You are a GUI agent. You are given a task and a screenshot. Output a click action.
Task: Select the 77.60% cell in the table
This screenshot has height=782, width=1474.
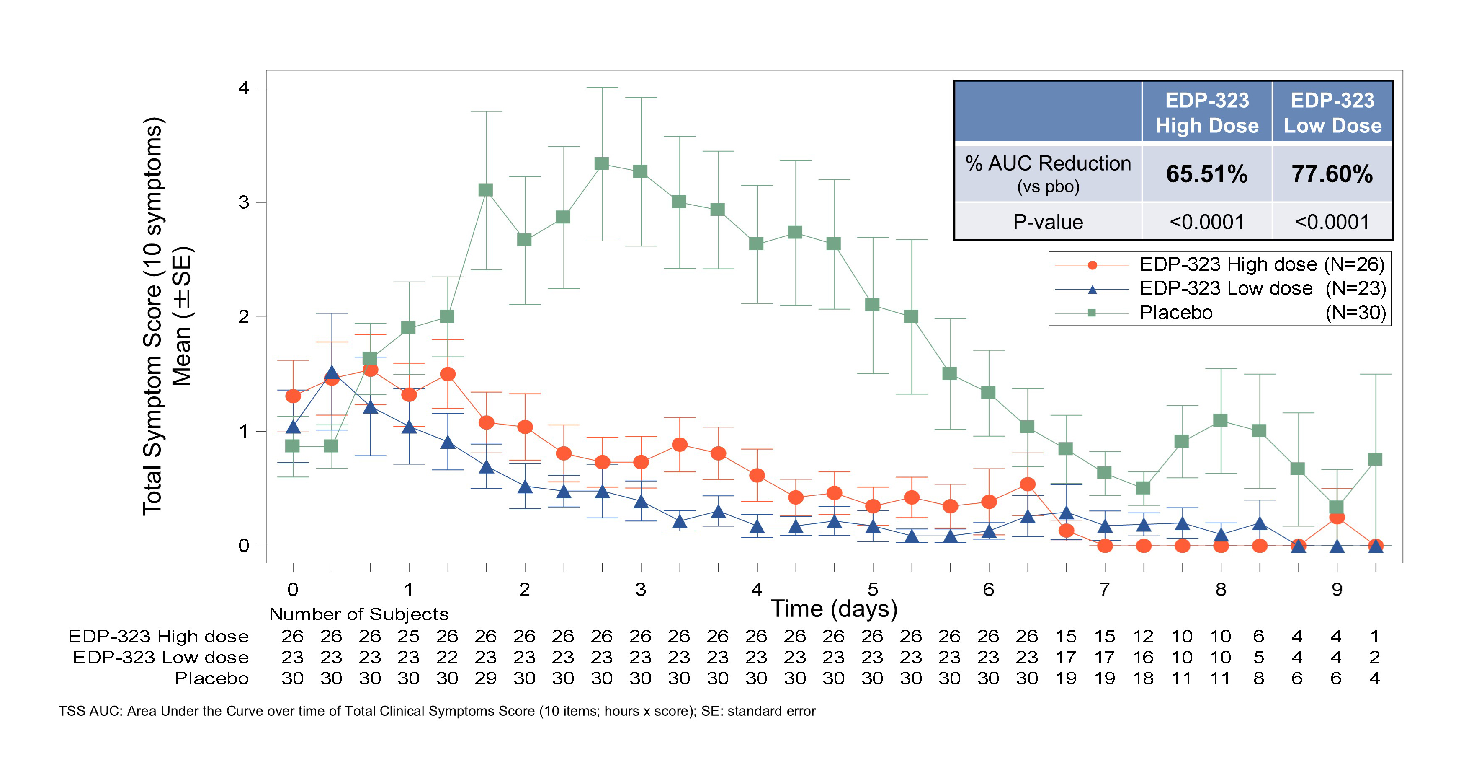pyautogui.click(x=1332, y=174)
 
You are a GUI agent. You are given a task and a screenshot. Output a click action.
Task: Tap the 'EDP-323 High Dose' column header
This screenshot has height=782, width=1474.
pyautogui.click(x=1207, y=113)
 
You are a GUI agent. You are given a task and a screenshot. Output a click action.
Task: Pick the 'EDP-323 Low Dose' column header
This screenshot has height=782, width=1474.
pyautogui.click(x=1332, y=113)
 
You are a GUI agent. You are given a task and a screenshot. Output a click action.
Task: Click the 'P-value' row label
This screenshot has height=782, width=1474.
pyautogui.click(x=1048, y=222)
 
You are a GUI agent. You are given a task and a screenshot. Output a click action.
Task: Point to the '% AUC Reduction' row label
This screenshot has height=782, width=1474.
pyautogui.click(x=1048, y=164)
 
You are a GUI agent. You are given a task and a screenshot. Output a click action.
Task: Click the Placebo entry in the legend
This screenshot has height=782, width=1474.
pyautogui.click(x=1176, y=313)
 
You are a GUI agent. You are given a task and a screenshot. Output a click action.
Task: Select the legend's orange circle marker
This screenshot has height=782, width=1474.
pyautogui.click(x=1092, y=265)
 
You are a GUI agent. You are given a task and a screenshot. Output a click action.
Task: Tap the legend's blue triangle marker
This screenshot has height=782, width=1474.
pyautogui.click(x=1092, y=290)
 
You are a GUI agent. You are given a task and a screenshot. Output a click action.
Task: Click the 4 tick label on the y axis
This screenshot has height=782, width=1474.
pyautogui.click(x=244, y=88)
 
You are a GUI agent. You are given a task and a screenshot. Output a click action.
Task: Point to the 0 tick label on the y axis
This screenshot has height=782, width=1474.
pyautogui.click(x=244, y=546)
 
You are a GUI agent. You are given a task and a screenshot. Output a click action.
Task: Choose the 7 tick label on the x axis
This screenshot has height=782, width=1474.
pyautogui.click(x=1104, y=589)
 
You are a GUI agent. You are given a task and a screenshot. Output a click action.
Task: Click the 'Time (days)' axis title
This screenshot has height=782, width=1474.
pyautogui.click(x=834, y=609)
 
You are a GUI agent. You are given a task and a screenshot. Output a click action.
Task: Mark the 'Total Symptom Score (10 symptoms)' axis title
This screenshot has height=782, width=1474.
pyautogui.click(x=153, y=316)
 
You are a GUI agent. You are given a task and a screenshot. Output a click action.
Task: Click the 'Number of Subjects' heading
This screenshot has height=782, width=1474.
pyautogui.click(x=359, y=614)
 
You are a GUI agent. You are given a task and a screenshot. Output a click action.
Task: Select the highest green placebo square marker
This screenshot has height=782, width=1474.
pyautogui.click(x=601, y=164)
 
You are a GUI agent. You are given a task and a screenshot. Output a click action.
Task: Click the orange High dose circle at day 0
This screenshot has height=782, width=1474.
pyautogui.click(x=293, y=396)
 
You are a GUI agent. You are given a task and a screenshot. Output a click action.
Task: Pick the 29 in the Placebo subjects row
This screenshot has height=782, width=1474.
pyautogui.click(x=485, y=678)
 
